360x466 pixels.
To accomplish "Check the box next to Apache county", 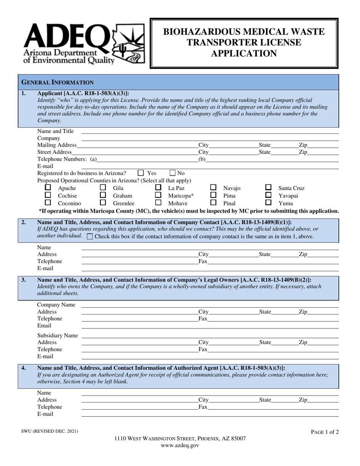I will click(x=48, y=188).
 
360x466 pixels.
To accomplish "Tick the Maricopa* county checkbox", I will click(x=158, y=195).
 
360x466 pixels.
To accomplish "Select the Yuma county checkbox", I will click(x=268, y=203).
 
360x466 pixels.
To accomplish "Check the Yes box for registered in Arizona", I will click(x=141, y=173).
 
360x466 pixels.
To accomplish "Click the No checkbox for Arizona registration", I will click(x=172, y=173).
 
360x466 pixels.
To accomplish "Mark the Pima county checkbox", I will click(x=213, y=195).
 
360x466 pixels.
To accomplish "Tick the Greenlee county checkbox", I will click(x=103, y=203).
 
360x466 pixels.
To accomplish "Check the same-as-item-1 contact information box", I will click(x=90, y=236).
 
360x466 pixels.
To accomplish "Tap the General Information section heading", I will click(x=57, y=82).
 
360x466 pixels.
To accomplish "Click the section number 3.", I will click(x=24, y=280).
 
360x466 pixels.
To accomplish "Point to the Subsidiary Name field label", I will click(x=57, y=335).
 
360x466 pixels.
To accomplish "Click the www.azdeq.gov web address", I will click(x=180, y=446).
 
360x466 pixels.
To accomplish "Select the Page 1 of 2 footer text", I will click(x=325, y=432).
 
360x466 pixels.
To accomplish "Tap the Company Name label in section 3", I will click(x=56, y=305).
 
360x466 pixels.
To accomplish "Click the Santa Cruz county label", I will click(x=291, y=188).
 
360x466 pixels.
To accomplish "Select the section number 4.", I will click(x=24, y=367).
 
